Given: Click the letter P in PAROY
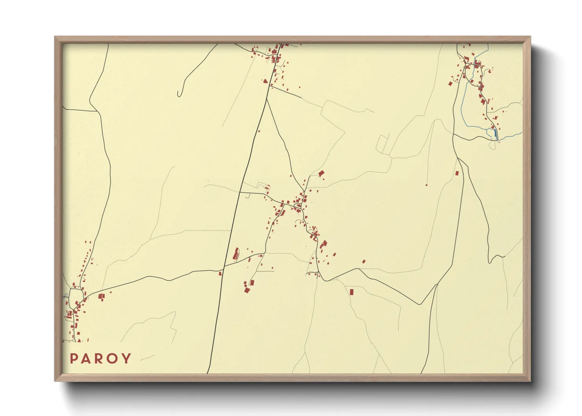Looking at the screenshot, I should tap(73, 359).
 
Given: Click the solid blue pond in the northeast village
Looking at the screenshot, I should tap(495, 134).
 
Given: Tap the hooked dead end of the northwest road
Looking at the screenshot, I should tap(179, 94).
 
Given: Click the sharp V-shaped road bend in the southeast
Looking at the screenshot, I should tap(420, 304).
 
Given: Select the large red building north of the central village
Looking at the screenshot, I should tap(321, 173).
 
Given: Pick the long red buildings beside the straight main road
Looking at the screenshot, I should tap(236, 254).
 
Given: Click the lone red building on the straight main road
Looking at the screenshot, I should tap(259, 131).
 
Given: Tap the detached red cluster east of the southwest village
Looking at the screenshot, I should tap(101, 296).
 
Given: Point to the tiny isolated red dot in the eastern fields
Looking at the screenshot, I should tap(427, 184).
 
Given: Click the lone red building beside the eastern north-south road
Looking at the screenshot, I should tap(457, 173).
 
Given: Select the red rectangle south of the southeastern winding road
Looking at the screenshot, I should tap(352, 292).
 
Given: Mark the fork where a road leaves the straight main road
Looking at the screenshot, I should tap(267, 99).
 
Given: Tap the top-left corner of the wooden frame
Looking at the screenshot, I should tap(55, 37).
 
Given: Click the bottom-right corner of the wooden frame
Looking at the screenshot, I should tap(530, 381).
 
